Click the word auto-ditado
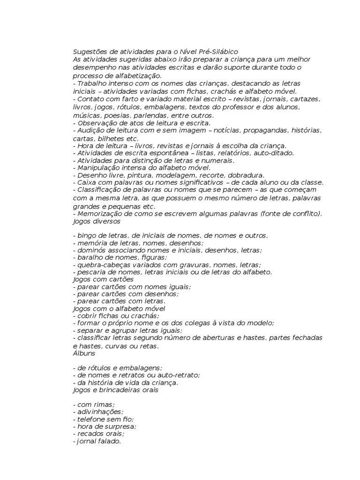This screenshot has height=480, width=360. pos(274,153)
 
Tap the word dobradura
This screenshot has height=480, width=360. pos(247,174)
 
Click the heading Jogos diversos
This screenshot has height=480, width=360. pos(97,221)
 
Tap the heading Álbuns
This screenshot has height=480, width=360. pos(84,353)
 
